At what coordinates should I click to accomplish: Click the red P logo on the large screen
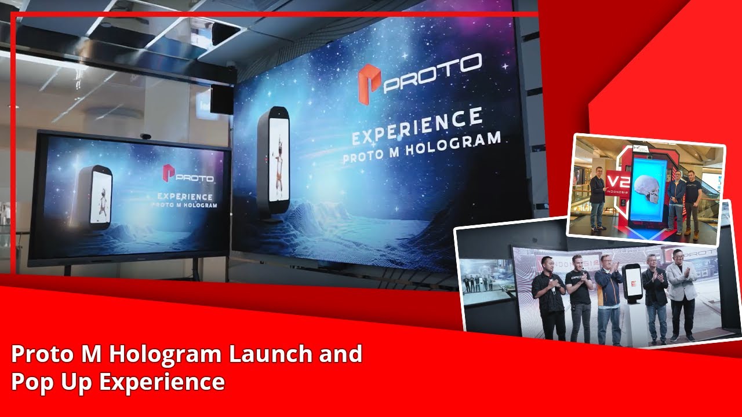tap(369, 85)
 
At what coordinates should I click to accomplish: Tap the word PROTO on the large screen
tap(432, 72)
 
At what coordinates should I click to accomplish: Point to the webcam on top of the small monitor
tap(146, 137)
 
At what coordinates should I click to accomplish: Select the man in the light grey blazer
tap(681, 295)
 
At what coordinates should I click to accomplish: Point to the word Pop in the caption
tap(32, 382)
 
